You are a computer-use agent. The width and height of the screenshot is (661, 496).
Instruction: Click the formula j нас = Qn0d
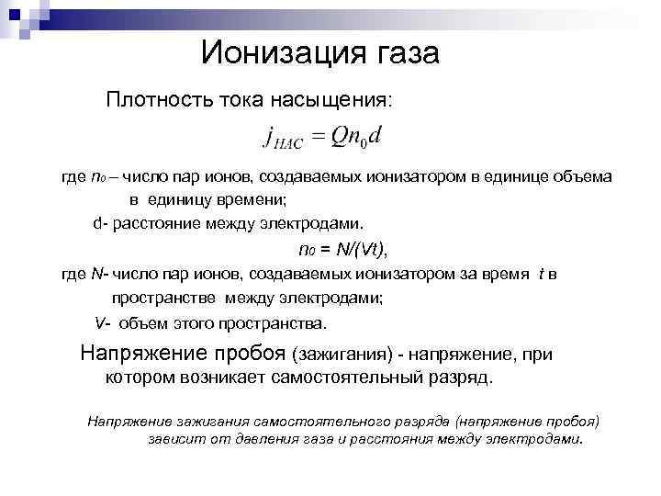324,137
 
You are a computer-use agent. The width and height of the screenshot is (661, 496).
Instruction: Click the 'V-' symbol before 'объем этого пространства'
101,323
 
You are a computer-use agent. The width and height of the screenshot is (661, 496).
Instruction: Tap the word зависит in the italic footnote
174,439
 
